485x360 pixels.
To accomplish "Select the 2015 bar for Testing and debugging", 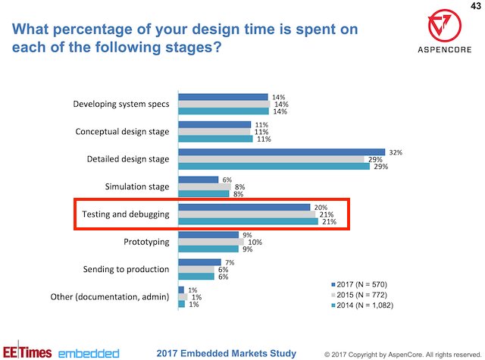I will pos(246,214).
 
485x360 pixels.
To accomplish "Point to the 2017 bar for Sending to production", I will pos(199,262).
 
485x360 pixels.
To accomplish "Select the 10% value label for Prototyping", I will pos(255,242).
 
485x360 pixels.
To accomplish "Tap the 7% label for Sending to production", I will pos(230,261).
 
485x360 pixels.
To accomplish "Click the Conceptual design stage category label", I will pos(122,131).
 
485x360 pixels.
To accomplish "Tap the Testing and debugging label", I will pos(124,214).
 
